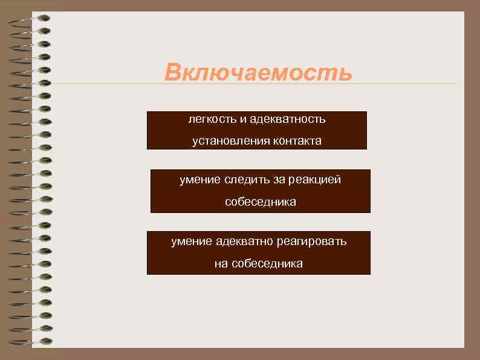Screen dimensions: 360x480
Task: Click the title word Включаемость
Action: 258,72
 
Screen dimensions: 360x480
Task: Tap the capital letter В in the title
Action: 174,72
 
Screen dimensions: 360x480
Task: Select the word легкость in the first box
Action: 210,119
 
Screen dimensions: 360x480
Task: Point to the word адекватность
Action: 287,119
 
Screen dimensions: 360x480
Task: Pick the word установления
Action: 223,142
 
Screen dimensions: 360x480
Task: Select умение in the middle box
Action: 200,180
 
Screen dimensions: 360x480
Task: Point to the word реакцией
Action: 316,180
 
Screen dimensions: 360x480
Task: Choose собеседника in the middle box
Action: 261,202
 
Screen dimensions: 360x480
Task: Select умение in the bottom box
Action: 191,241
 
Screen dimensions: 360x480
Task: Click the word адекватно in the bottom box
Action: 244,241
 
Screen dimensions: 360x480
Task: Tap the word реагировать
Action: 312,241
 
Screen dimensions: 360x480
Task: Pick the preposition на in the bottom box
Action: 221,264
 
